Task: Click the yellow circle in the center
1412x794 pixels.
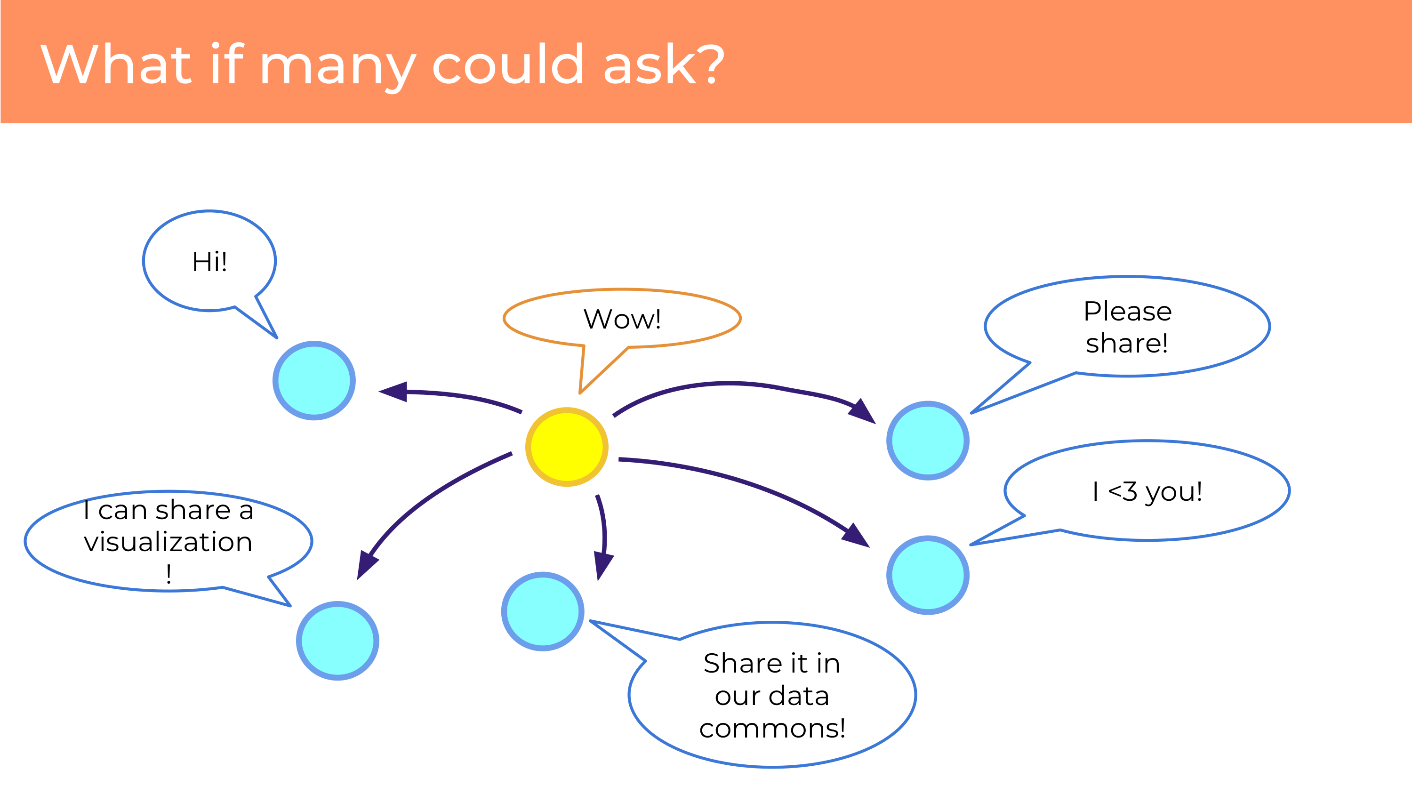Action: click(567, 447)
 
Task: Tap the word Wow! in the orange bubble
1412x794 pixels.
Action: click(622, 319)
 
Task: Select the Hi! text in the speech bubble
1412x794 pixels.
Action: click(209, 261)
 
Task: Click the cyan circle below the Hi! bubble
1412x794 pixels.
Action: click(314, 381)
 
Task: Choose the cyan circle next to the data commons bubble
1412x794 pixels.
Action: click(543, 611)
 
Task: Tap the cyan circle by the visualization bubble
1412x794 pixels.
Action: click(337, 641)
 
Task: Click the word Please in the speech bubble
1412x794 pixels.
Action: click(1128, 312)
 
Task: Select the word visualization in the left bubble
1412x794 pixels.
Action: click(168, 542)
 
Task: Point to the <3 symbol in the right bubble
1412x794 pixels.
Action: click(1123, 491)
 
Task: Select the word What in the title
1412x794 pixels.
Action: click(116, 64)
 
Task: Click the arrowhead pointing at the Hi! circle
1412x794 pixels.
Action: click(393, 391)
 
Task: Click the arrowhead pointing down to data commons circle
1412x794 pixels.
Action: click(604, 566)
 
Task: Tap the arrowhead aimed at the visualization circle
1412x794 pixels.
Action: click(367, 564)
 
